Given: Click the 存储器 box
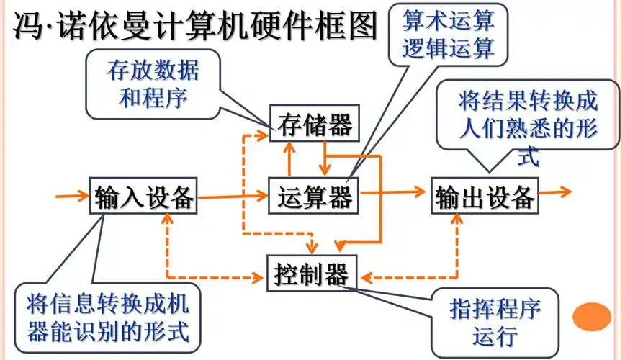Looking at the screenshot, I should pyautogui.click(x=315, y=126).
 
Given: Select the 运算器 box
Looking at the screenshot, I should pyautogui.click(x=315, y=195).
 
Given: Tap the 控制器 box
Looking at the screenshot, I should pyautogui.click(x=311, y=274).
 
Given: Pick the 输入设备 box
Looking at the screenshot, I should pyautogui.click(x=144, y=196).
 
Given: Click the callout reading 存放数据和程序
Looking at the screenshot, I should pyautogui.click(x=153, y=84).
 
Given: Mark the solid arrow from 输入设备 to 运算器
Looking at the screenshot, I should pyautogui.click(x=232, y=194).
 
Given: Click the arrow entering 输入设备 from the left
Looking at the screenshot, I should pyautogui.click(x=72, y=194).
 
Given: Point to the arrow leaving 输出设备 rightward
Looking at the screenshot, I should pyautogui.click(x=555, y=192).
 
